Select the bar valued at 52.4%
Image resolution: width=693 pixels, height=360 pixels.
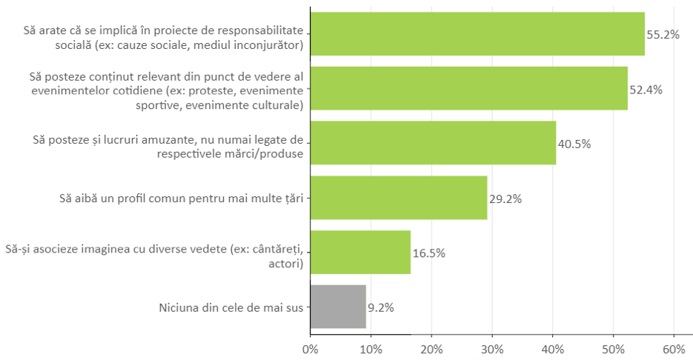coord(468,89)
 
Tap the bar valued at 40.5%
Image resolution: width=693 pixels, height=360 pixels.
coord(433,143)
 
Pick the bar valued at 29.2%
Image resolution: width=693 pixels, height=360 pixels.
coord(399,198)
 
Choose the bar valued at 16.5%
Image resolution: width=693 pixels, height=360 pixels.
coord(360,252)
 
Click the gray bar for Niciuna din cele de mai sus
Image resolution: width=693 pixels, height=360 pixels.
coord(338,307)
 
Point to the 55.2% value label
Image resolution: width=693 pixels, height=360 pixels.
coord(663,35)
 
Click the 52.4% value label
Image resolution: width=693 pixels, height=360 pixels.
coord(646,90)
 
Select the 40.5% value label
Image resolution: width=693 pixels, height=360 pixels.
coord(574,144)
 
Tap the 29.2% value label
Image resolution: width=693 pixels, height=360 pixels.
coord(505,199)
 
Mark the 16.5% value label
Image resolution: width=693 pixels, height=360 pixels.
coord(429,253)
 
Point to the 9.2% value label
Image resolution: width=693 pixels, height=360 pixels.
coord(381,307)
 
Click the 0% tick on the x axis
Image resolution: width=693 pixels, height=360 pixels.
coord(311,347)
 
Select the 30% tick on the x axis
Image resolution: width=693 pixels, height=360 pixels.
coord(492,347)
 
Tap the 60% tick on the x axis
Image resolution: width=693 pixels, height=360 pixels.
coord(674,347)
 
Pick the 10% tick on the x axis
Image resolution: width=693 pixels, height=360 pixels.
coord(371,347)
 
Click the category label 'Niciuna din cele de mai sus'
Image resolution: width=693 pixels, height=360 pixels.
coord(231,307)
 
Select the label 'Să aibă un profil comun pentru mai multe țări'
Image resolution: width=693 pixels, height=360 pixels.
coord(182,199)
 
